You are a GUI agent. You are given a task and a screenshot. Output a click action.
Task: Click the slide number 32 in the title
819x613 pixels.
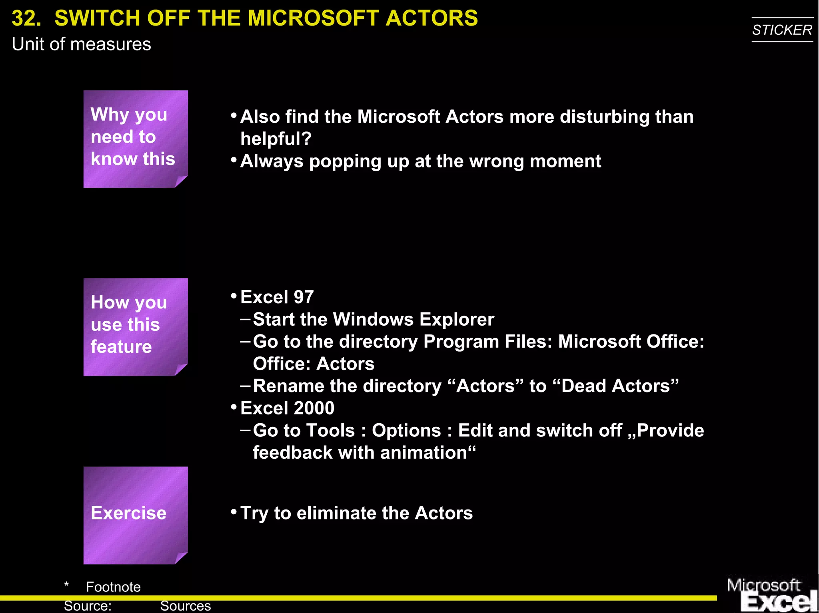(x=26, y=18)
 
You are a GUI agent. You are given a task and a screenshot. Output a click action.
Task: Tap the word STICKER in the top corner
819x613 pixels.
(x=782, y=30)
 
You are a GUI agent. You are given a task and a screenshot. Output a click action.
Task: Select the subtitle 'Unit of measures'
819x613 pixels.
(x=81, y=44)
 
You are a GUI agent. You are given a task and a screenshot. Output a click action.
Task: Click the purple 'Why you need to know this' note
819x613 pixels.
(x=135, y=138)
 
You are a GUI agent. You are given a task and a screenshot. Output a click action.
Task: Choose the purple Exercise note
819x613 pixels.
(x=135, y=515)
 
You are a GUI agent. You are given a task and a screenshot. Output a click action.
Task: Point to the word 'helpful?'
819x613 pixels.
(x=276, y=139)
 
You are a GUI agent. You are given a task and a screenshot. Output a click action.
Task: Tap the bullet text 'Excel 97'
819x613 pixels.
(x=277, y=297)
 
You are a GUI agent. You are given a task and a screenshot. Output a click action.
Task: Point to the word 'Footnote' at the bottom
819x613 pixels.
(x=113, y=587)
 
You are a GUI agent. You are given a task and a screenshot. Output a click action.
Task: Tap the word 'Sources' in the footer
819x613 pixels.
(x=185, y=606)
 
